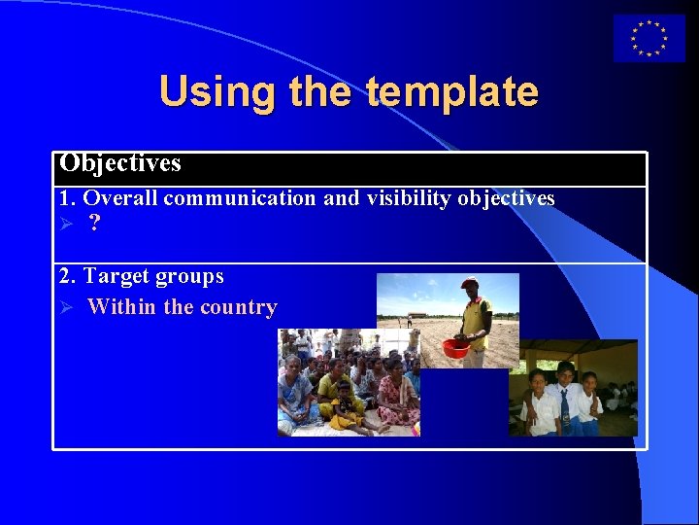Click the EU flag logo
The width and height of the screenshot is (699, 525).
point(649,38)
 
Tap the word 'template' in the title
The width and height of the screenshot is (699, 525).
point(452,91)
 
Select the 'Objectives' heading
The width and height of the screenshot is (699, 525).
point(120,163)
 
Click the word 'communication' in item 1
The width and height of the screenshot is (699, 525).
point(240,198)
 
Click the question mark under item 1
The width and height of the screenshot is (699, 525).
point(93,224)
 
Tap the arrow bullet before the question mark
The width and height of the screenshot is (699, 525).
point(65,224)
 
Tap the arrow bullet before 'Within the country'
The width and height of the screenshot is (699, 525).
point(65,307)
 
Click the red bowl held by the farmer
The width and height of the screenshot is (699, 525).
point(455,347)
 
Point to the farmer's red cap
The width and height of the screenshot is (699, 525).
point(470,283)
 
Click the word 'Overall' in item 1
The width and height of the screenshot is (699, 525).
point(120,198)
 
